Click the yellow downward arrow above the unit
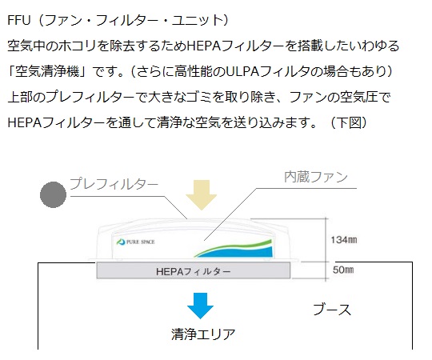(201, 195)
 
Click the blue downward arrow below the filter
(200, 306)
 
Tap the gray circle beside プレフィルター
(53, 194)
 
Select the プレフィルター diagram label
(114, 184)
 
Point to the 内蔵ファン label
(316, 177)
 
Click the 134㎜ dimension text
(344, 240)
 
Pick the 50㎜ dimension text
(343, 270)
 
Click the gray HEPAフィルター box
(194, 270)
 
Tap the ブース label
(332, 310)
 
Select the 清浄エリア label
(203, 334)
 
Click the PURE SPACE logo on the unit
(135, 242)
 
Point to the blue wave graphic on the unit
(235, 252)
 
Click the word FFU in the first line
(18, 20)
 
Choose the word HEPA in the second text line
(204, 46)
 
